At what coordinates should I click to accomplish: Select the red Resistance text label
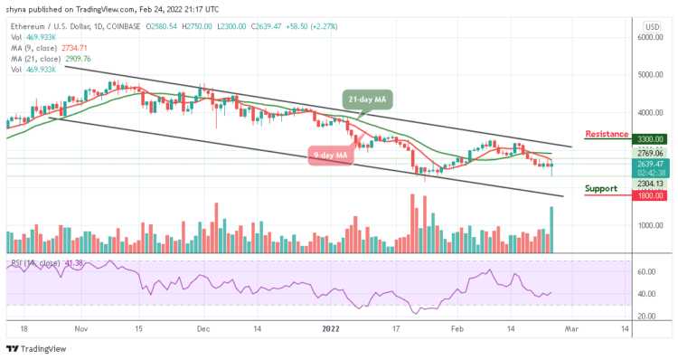(x=606, y=134)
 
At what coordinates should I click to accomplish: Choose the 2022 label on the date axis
(x=332, y=330)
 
